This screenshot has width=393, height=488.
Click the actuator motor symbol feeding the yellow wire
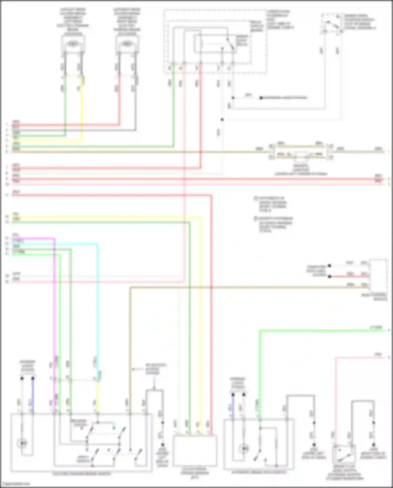[x=73, y=44]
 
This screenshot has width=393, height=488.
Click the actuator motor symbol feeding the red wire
[x=127, y=44]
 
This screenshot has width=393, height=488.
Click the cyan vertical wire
[x=98, y=302]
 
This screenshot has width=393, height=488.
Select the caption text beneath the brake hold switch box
[x=259, y=472]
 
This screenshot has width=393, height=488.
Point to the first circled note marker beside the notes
[x=256, y=198]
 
